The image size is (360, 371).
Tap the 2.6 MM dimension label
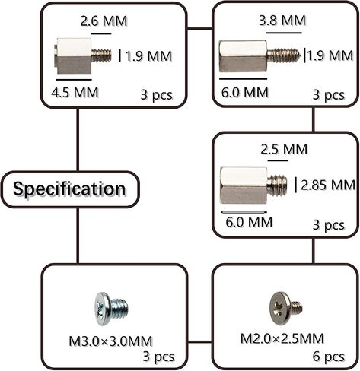point(104,21)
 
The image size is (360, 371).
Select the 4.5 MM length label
point(75,93)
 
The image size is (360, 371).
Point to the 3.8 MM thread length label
point(282,21)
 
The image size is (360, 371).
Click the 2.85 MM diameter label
point(328,185)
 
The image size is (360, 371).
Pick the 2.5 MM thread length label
point(284,149)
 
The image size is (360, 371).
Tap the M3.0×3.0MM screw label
point(110,341)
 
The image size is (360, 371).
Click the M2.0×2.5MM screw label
point(282,338)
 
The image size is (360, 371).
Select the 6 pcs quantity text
point(328,357)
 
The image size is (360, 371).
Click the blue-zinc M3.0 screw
point(111,309)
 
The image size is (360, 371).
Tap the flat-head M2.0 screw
point(285,308)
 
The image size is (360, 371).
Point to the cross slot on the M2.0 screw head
point(279,308)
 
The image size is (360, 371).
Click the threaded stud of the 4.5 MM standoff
point(101,55)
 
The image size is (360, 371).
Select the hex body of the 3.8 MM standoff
point(243,56)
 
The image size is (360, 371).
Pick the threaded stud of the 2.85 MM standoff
point(277,185)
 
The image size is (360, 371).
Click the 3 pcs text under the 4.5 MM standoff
point(156,95)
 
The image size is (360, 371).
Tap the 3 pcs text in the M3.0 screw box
point(158,357)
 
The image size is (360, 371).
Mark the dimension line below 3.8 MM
point(284,33)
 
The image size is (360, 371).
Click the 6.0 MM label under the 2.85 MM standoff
point(249,222)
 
